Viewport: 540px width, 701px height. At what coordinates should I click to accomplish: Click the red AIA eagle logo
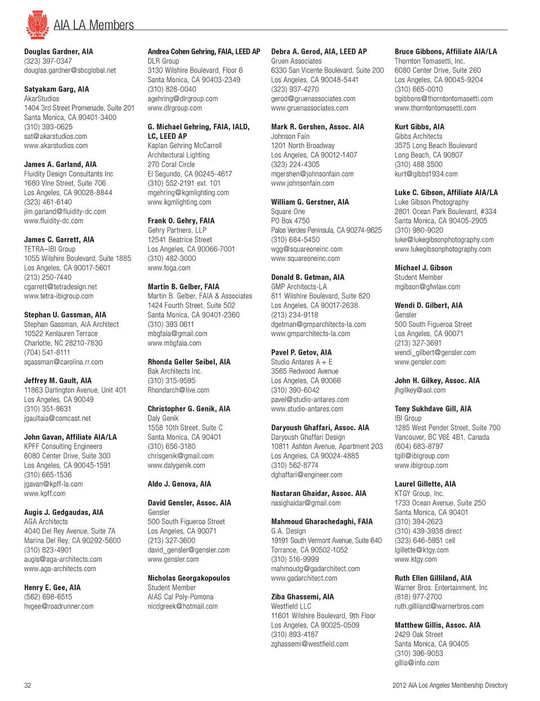tap(38, 24)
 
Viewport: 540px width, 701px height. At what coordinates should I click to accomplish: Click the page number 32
tap(28, 685)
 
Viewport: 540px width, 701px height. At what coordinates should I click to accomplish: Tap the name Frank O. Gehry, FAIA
tap(181, 221)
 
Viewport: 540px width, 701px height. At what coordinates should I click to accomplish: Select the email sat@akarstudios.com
tap(55, 136)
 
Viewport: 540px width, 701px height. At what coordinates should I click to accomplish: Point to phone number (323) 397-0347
tap(48, 61)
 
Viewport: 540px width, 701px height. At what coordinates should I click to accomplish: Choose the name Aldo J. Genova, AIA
tap(179, 484)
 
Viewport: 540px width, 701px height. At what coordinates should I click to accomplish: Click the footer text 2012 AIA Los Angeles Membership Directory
tap(449, 685)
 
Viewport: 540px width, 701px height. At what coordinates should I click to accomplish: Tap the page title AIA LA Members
tap(93, 25)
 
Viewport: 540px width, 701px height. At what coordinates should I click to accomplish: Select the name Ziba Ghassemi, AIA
tap(302, 597)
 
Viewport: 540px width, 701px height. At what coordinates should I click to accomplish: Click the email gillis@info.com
tap(417, 663)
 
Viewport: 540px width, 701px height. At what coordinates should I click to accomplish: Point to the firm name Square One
tap(288, 211)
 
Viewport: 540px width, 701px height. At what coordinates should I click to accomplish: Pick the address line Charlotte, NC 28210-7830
tap(63, 343)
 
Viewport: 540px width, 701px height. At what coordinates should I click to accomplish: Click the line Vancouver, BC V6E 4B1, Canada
tap(442, 437)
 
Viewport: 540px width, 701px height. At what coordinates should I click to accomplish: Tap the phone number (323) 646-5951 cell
tap(425, 541)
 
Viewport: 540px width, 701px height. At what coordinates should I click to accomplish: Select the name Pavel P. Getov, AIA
tap(301, 352)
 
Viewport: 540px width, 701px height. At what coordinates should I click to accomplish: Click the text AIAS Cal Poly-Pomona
tap(180, 597)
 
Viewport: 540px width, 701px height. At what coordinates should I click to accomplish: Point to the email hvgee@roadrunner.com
tap(58, 607)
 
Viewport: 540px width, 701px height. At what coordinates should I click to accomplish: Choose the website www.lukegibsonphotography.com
tap(442, 249)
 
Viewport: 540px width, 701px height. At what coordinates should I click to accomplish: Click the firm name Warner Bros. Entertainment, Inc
tap(441, 587)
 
